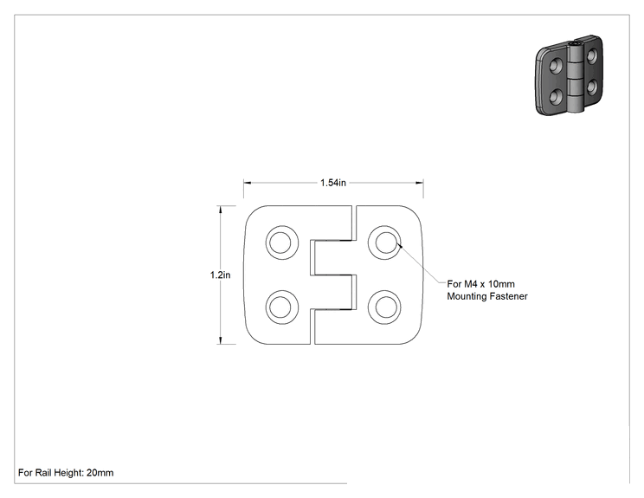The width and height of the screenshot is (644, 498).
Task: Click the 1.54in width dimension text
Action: pyautogui.click(x=333, y=183)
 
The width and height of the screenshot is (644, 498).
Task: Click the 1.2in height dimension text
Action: pyautogui.click(x=220, y=275)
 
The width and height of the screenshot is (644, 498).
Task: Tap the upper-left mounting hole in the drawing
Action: pyautogui.click(x=282, y=243)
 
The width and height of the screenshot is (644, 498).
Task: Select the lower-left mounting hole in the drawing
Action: pyautogui.click(x=282, y=307)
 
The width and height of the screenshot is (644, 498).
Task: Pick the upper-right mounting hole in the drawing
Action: pyautogui.click(x=384, y=243)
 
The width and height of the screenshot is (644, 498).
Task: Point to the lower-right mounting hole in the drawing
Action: pyautogui.click(x=384, y=307)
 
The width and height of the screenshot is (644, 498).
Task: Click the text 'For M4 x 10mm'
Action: pyautogui.click(x=480, y=284)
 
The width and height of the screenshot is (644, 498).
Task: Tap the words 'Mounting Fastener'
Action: pyautogui.click(x=487, y=296)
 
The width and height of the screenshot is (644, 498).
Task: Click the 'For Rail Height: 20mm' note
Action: pyautogui.click(x=66, y=473)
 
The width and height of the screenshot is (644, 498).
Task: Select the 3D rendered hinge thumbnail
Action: pyautogui.click(x=570, y=75)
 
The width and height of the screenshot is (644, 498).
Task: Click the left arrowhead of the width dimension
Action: pyautogui.click(x=248, y=183)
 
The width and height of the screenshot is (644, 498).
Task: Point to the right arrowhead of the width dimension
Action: pyautogui.click(x=419, y=183)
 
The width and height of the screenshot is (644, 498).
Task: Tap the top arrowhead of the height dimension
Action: pyautogui.click(x=221, y=210)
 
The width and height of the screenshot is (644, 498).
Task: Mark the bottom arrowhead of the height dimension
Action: pyautogui.click(x=221, y=340)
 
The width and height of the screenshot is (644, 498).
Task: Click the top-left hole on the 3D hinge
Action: pyautogui.click(x=556, y=65)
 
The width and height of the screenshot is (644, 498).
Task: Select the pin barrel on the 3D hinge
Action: pyautogui.click(x=576, y=76)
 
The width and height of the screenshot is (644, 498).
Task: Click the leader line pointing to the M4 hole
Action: pyautogui.click(x=422, y=265)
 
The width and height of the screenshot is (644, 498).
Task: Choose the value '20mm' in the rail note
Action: pyautogui.click(x=100, y=473)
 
